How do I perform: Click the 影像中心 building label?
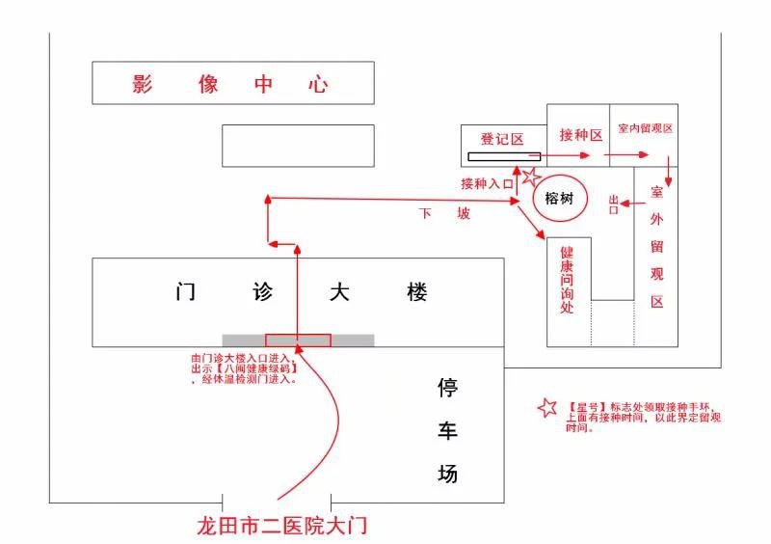tap(231, 84)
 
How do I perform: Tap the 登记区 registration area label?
tap(502, 140)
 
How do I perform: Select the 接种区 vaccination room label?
tap(580, 134)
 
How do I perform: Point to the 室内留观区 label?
tap(645, 128)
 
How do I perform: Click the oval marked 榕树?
tap(559, 199)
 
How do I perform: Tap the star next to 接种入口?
tap(532, 177)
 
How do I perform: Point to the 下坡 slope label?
tap(444, 213)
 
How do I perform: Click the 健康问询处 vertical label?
tap(567, 280)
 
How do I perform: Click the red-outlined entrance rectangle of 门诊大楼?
tap(298, 340)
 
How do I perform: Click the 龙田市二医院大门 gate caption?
tap(281, 527)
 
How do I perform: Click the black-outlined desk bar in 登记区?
tap(505, 156)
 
